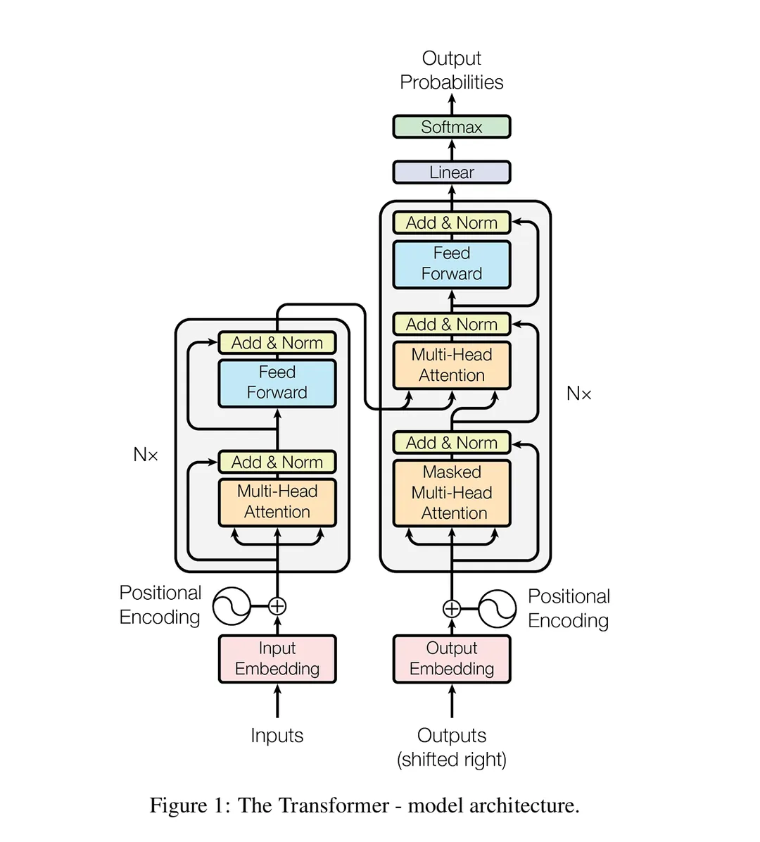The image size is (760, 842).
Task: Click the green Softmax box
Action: click(x=451, y=127)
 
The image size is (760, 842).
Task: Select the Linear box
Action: click(x=451, y=172)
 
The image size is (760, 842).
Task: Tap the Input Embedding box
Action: click(x=277, y=659)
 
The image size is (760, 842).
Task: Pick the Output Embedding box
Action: click(x=451, y=659)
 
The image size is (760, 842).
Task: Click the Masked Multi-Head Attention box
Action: click(x=451, y=493)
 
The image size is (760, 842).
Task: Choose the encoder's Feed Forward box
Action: click(x=277, y=383)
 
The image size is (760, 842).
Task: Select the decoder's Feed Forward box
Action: click(x=451, y=264)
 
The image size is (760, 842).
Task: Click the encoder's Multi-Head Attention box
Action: click(x=277, y=502)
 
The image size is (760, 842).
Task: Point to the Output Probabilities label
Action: click(x=451, y=70)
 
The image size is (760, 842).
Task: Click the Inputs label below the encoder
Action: click(x=277, y=736)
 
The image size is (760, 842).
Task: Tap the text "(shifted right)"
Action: click(x=451, y=760)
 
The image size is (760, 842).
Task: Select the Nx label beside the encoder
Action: click(x=146, y=455)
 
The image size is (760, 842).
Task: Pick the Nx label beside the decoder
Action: click(x=578, y=394)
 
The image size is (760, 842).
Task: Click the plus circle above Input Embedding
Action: click(x=277, y=606)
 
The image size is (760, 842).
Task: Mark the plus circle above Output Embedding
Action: click(x=451, y=609)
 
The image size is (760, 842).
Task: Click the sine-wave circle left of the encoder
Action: click(x=232, y=606)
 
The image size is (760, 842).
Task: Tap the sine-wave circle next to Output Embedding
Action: click(x=498, y=609)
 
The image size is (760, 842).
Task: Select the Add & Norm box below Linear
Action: click(x=451, y=223)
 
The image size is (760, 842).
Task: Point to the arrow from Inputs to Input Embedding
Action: click(x=277, y=702)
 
